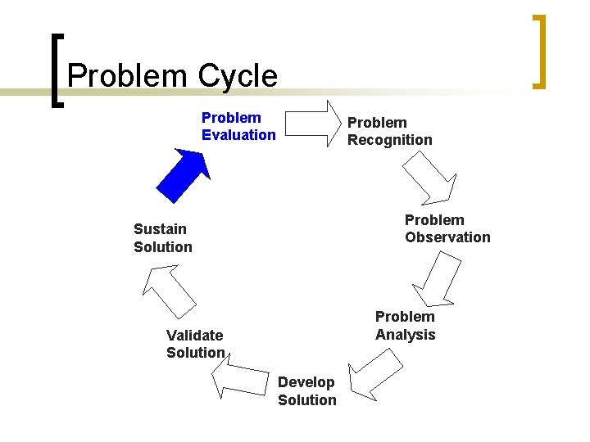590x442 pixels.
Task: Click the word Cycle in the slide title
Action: (x=237, y=76)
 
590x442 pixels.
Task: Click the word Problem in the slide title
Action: (x=128, y=76)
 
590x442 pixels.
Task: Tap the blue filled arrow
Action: (x=184, y=173)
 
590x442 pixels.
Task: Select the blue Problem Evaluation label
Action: (x=238, y=126)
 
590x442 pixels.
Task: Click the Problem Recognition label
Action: (x=389, y=131)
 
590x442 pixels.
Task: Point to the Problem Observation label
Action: (x=447, y=228)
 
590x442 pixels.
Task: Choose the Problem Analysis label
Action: (x=405, y=325)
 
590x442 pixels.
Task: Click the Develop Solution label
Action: (x=306, y=390)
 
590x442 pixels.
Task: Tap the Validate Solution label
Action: (x=195, y=344)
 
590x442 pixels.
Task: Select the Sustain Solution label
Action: (x=163, y=237)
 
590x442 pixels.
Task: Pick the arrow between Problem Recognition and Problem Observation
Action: (x=429, y=179)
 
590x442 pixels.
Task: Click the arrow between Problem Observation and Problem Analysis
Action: (x=434, y=279)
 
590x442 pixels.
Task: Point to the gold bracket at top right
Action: (x=538, y=51)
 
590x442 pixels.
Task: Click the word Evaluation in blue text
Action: (x=238, y=135)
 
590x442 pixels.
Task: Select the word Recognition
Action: (x=389, y=140)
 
